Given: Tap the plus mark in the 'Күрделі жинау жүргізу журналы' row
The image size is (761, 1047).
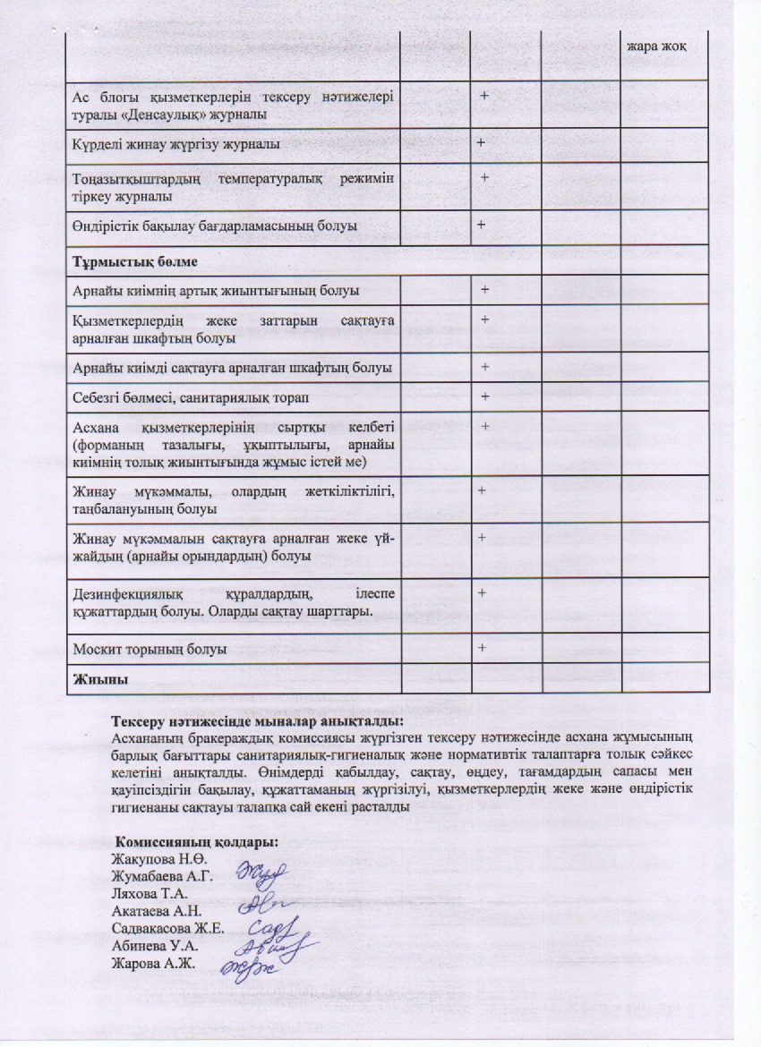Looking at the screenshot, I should point(481,143).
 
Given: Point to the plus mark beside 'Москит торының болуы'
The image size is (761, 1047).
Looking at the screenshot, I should point(482,647).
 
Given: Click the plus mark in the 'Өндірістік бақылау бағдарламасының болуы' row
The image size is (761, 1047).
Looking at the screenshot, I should point(481,225).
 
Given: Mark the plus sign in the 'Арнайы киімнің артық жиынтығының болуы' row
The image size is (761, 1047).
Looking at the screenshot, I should point(484,290).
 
